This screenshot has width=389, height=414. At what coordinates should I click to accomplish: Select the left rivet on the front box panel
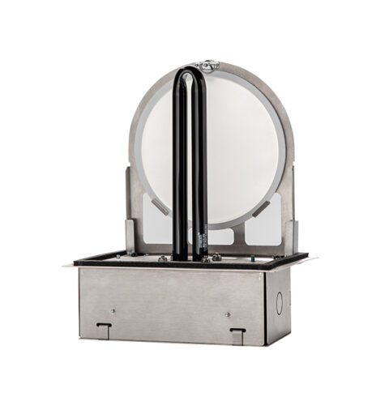(113, 310)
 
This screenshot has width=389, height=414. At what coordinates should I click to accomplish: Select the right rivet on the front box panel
(228, 313)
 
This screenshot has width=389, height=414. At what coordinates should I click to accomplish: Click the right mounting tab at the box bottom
(237, 333)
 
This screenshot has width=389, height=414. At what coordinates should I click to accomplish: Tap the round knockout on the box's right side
(278, 297)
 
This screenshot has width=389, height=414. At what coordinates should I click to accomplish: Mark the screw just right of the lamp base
(216, 258)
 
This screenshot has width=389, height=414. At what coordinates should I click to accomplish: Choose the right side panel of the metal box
(277, 304)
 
